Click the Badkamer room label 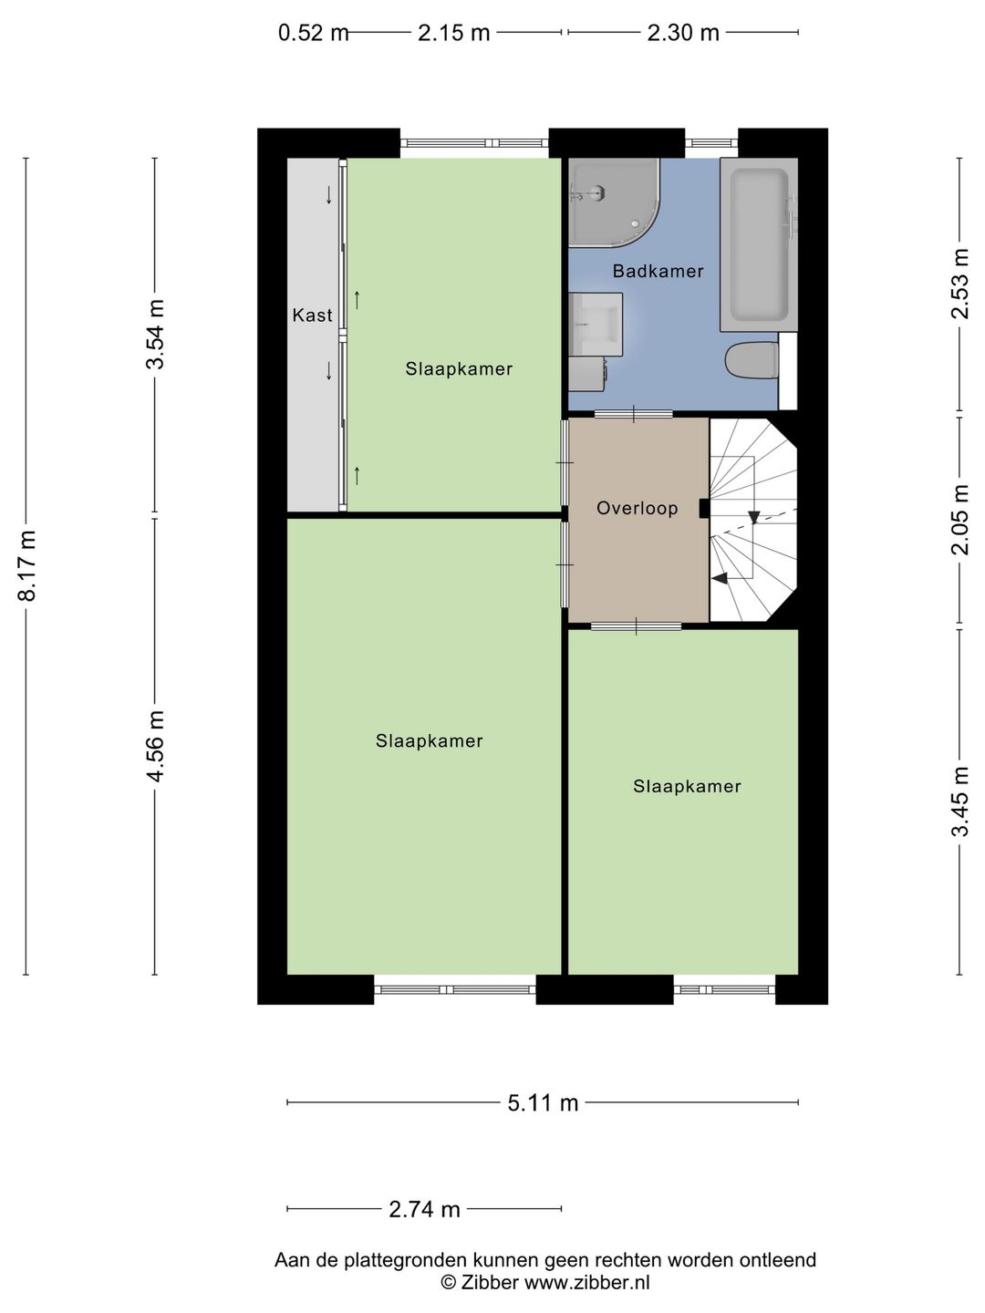point(658,271)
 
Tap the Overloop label point(637,508)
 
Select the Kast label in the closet point(312,315)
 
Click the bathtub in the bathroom point(758,244)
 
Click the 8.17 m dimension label point(27,565)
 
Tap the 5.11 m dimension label point(543,1103)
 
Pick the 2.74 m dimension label point(424,1209)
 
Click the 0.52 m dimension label point(313,34)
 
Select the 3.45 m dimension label point(959,801)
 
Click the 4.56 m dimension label point(156,746)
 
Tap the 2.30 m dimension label point(683,34)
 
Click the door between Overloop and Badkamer point(634,415)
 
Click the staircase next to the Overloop point(752,520)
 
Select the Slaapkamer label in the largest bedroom point(429,741)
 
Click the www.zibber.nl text point(586,1283)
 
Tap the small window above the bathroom point(710,143)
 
